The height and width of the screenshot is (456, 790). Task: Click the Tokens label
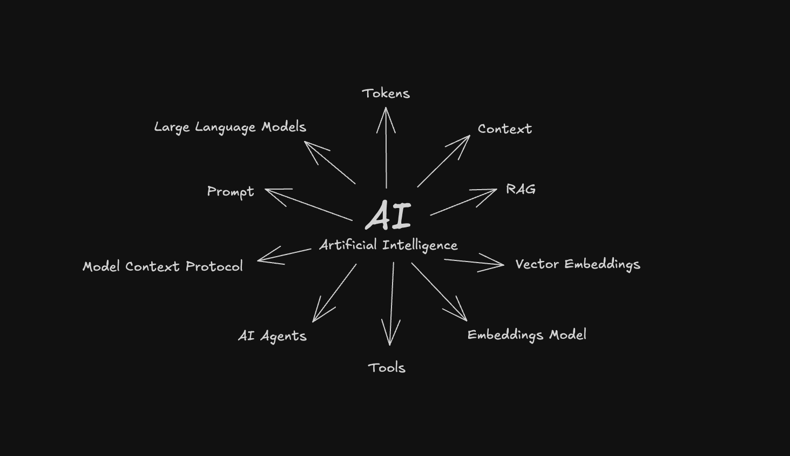tap(386, 93)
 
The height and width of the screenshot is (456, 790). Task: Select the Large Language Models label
tap(230, 127)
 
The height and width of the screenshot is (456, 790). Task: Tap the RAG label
tap(521, 189)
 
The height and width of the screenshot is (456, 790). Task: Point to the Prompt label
tap(230, 192)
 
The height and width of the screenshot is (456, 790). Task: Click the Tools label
tap(387, 368)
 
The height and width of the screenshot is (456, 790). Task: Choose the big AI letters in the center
tap(389, 215)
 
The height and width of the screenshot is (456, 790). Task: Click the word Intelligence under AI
tap(420, 245)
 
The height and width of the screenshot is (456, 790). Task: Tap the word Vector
tap(537, 264)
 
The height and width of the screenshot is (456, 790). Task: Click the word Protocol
tap(214, 266)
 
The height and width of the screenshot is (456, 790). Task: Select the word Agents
tap(283, 336)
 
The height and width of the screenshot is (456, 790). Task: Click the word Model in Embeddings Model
tap(568, 334)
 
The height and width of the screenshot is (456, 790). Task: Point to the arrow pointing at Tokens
tap(386, 147)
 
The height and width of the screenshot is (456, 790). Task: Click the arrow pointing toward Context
tap(444, 161)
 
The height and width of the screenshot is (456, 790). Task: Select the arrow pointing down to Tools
tap(391, 304)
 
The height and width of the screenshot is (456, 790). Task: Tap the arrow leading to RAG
tap(463, 202)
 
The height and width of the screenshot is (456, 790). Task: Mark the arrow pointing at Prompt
tap(308, 205)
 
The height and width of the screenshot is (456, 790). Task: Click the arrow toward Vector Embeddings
tap(474, 262)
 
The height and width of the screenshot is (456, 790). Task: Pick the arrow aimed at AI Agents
tap(334, 293)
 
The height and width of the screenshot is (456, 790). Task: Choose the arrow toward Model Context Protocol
tap(284, 255)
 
